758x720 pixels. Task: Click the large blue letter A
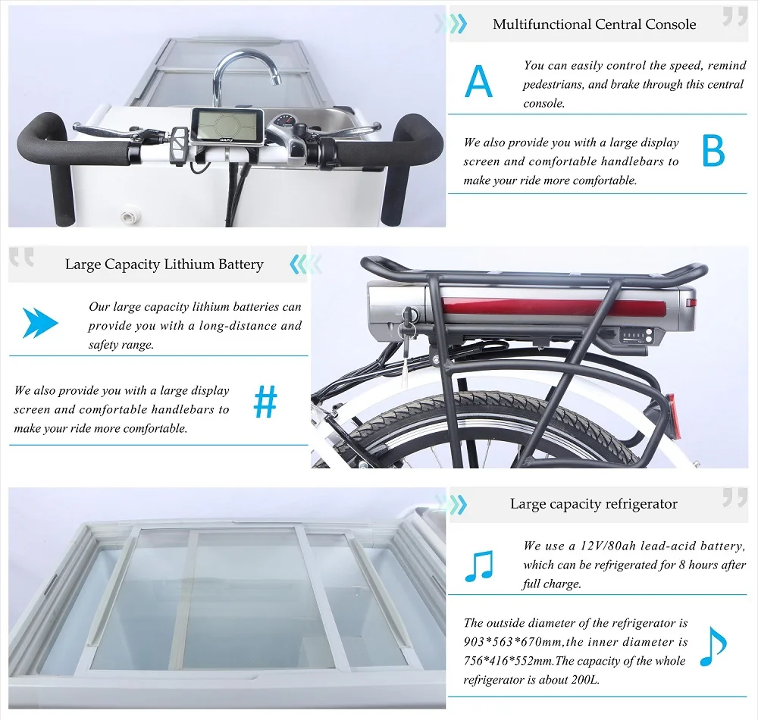(478, 82)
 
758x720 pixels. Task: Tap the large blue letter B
(713, 151)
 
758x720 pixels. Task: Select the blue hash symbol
(265, 402)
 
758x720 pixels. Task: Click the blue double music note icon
(478, 565)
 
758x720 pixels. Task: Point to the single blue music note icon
(713, 646)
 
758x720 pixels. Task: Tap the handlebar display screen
(227, 125)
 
